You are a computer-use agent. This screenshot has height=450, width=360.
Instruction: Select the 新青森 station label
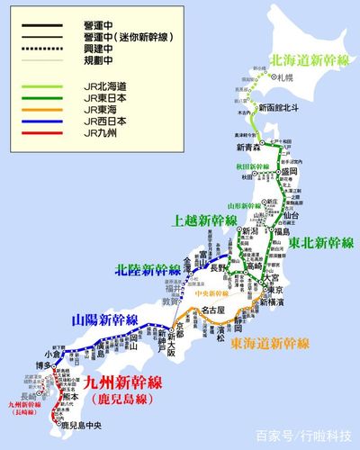[250, 148]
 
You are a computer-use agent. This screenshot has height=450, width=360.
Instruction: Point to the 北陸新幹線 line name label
[148, 269]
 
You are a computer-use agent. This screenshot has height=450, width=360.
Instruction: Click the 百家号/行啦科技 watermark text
[305, 436]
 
